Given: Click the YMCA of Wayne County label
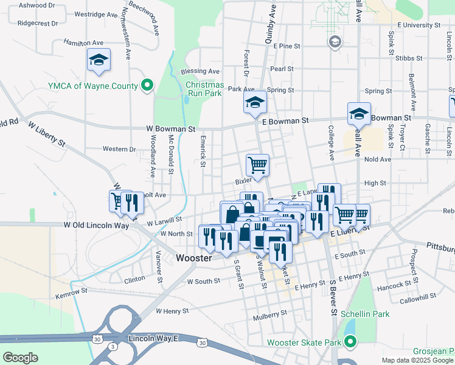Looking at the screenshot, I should pos(93,86).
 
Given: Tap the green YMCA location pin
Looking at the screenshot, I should pos(147,86).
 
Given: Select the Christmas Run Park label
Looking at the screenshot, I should pos(204,89).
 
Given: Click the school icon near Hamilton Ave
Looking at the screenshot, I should pos(99,60).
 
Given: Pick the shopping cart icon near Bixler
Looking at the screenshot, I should pos(257,165).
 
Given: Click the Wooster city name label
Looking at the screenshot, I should pos(193,258).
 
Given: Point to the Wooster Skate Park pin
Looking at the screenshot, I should pos(350,342).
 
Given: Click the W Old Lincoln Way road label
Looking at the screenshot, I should pos(97,225).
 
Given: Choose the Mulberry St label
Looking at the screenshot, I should pos(270,314).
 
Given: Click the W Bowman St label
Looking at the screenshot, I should pos(170,129).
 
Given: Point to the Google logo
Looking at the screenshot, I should pos(21,358).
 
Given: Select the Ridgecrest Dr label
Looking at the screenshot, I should pos(38,23).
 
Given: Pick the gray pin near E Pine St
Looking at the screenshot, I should pos(334,41).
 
